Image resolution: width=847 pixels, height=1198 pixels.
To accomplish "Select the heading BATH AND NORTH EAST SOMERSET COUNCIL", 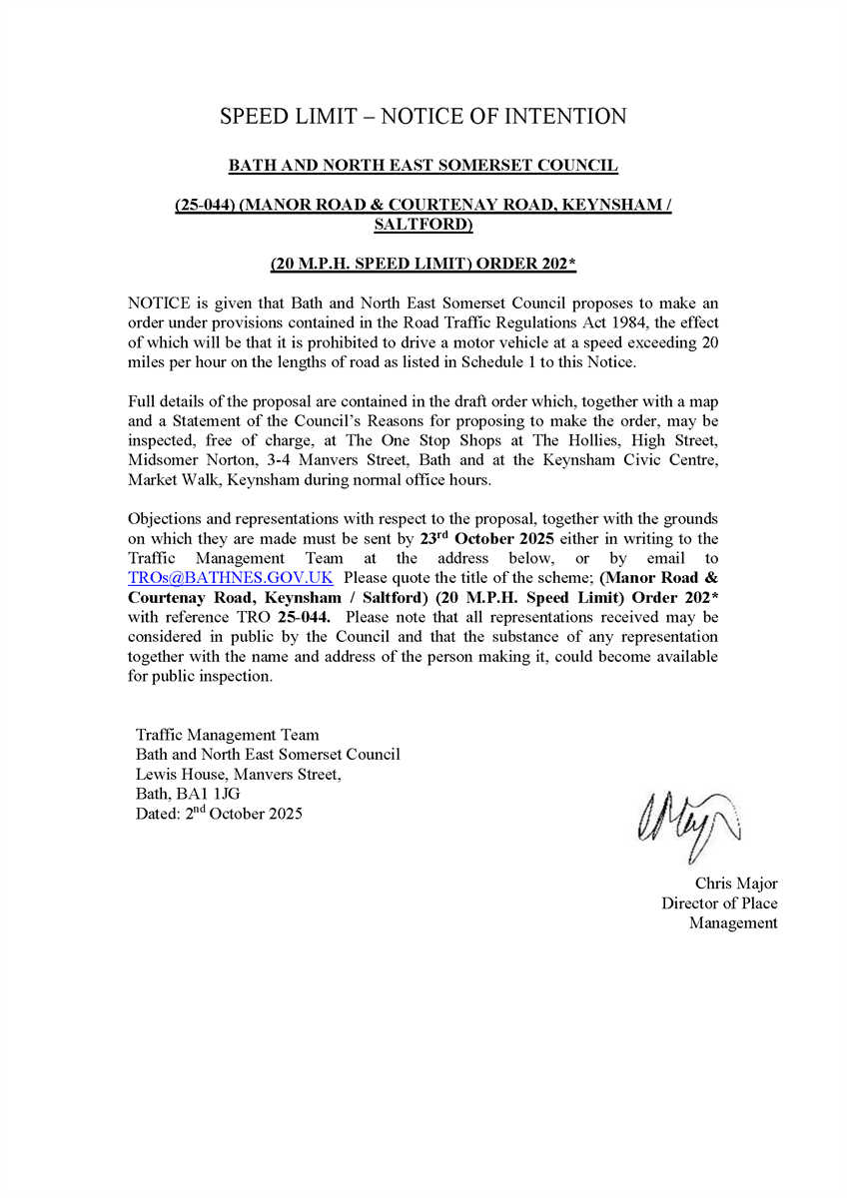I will pyautogui.click(x=423, y=165).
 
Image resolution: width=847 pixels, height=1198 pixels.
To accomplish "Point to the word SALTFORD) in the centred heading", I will pyautogui.click(x=423, y=225).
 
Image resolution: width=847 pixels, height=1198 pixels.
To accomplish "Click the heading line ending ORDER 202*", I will pyautogui.click(x=423, y=265).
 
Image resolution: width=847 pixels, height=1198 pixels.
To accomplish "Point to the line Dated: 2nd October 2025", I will pyautogui.click(x=219, y=813).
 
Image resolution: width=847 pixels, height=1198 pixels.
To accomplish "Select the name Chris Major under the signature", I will pyautogui.click(x=736, y=884).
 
